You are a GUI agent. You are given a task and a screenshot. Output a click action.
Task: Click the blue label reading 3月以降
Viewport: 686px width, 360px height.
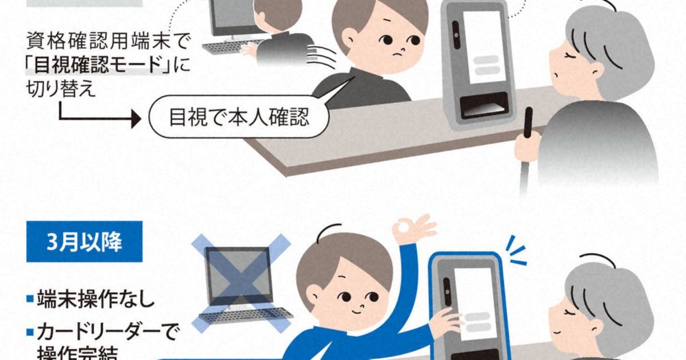tap(84, 241)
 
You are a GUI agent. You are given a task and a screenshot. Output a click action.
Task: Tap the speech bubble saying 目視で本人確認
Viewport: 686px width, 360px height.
tap(239, 117)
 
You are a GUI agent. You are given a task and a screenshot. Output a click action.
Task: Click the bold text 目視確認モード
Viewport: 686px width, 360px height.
tap(97, 66)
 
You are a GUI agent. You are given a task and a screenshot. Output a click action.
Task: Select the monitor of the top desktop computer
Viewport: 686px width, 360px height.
tap(233, 18)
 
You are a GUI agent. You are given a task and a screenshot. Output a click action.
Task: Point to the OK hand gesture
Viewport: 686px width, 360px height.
tap(414, 229)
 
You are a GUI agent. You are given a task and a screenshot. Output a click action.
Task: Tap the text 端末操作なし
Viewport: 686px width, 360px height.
tap(96, 299)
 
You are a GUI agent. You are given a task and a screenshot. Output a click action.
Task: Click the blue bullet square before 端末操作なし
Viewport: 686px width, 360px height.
tap(30, 299)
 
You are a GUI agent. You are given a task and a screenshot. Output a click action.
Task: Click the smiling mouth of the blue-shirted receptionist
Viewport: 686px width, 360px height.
tap(356, 311)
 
